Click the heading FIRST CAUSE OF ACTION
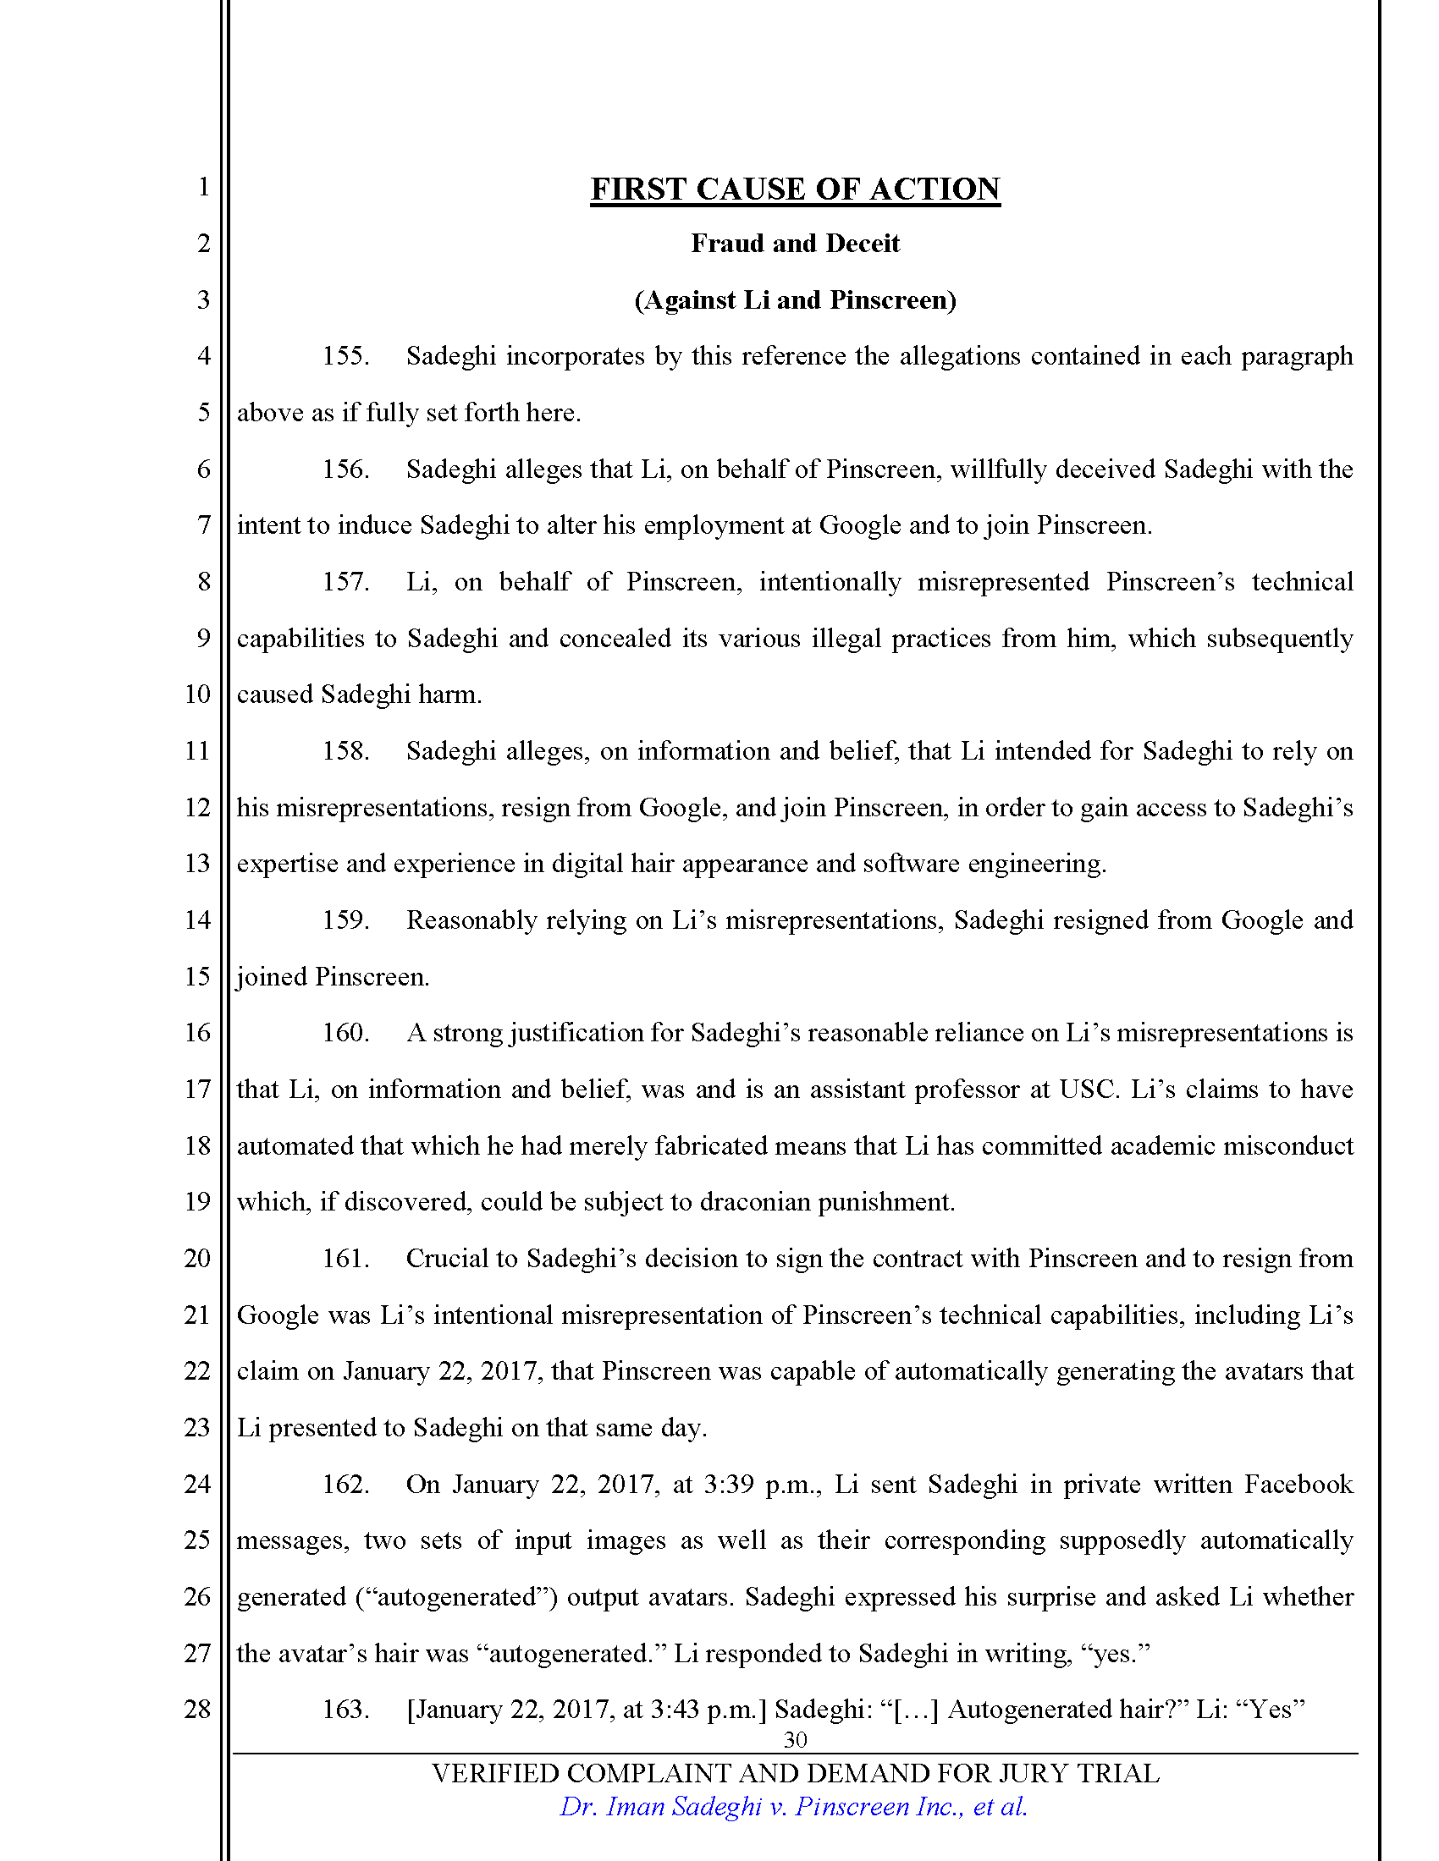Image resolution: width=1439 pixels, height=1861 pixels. [795, 189]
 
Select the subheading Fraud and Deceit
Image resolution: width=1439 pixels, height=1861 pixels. [795, 244]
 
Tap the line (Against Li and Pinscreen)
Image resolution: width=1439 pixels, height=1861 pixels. [795, 300]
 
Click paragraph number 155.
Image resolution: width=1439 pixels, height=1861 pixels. [345, 356]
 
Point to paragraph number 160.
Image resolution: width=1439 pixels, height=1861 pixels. [345, 1033]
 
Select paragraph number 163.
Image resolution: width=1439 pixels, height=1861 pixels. [345, 1710]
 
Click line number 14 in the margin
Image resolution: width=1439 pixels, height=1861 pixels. [197, 920]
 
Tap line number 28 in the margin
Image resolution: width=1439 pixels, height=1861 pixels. [197, 1710]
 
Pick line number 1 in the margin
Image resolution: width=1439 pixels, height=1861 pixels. [203, 187]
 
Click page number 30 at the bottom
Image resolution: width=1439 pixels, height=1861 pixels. [795, 1739]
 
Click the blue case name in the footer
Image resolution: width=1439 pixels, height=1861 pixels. [793, 1808]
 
